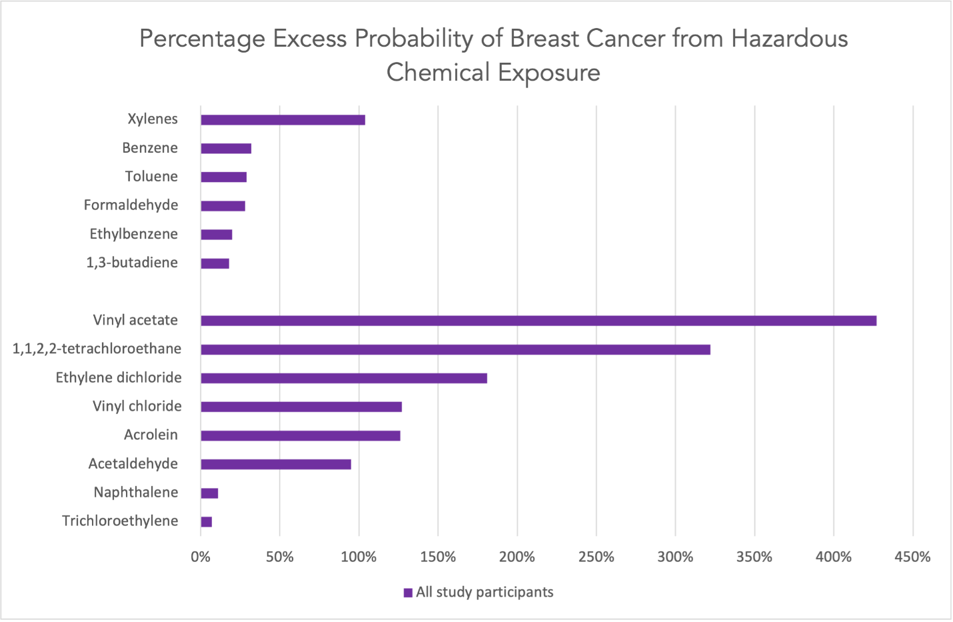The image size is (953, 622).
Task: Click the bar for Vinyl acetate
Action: (538, 321)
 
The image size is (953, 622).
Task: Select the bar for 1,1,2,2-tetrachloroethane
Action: (455, 349)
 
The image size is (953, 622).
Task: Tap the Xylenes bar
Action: (283, 120)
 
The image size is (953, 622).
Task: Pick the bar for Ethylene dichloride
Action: (344, 378)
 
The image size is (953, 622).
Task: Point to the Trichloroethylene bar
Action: (207, 521)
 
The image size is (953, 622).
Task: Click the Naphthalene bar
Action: (209, 493)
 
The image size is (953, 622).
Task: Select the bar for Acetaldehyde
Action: (276, 464)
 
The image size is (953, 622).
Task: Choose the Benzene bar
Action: (226, 149)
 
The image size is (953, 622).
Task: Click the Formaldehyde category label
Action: (131, 205)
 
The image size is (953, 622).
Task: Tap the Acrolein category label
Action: (151, 435)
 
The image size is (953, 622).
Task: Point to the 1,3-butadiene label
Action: (132, 263)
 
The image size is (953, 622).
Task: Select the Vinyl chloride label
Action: (137, 406)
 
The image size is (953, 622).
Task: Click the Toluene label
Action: (151, 177)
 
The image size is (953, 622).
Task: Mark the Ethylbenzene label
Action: (133, 234)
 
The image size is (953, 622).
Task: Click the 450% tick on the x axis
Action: (912, 557)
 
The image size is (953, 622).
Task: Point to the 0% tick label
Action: (201, 557)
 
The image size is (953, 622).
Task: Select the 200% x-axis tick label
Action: (517, 557)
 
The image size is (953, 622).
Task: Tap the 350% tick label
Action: (754, 557)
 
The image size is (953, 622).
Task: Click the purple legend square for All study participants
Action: (408, 593)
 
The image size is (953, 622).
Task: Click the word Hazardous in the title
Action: (789, 39)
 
